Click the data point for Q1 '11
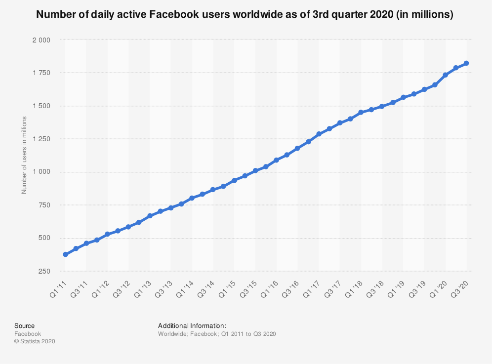[x=65, y=254]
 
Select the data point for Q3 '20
[x=466, y=63]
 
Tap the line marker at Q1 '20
[x=445, y=75]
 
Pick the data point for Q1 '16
[x=276, y=160]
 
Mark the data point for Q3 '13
[x=171, y=208]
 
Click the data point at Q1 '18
[x=361, y=113]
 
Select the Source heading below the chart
[x=24, y=326]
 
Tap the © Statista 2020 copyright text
[x=35, y=341]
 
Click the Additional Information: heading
[x=192, y=326]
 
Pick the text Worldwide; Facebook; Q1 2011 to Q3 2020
[x=217, y=334]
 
